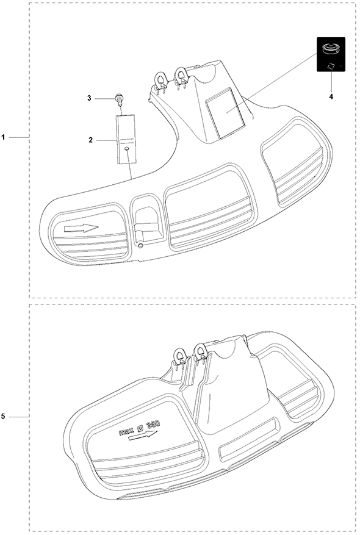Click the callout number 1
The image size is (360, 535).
pos(3,137)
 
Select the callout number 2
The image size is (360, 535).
pos(91,140)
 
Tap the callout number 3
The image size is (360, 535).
pos(90,98)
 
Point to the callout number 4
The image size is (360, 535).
pos(331,96)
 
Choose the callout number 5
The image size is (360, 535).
pos(3,416)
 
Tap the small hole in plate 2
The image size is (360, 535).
pos(127,149)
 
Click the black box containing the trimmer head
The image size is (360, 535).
pos(331,54)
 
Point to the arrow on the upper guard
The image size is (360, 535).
pos(81,228)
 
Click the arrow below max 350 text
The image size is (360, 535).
pos(143,436)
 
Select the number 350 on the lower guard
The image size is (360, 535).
pos(153,425)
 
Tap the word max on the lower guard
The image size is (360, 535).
pos(126,431)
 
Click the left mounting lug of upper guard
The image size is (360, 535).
pos(160,79)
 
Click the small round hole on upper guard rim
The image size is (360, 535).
pos(140,246)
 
